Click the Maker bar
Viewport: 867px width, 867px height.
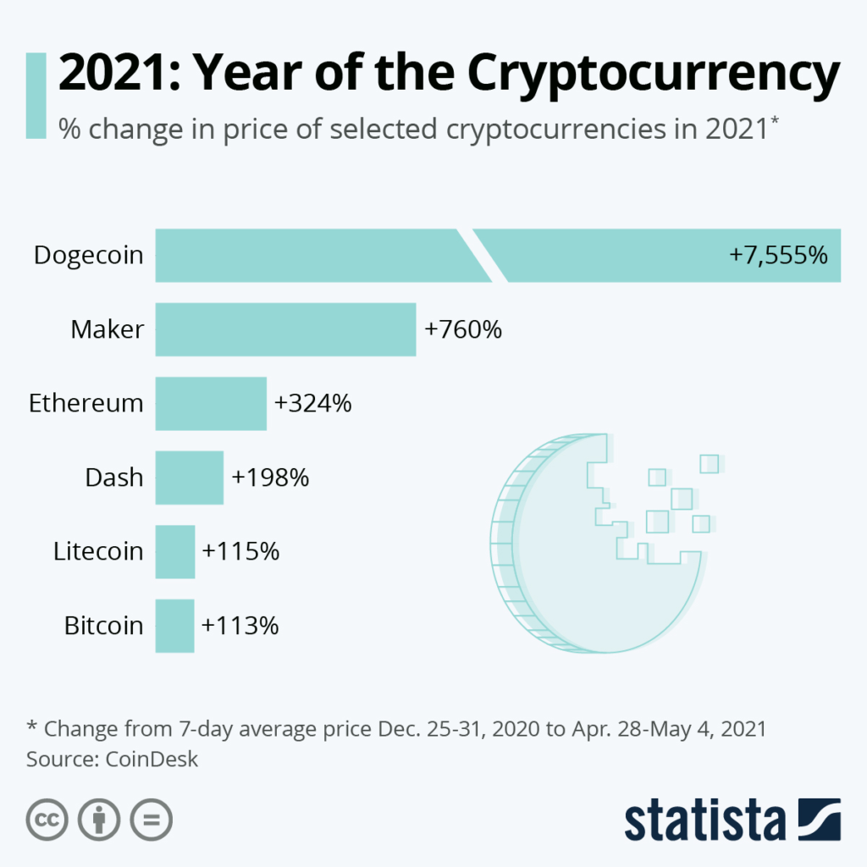[x=285, y=329]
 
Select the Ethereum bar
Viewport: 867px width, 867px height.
[x=211, y=403]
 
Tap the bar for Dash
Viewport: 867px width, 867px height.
[x=190, y=478]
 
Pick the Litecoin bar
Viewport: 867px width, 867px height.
[x=175, y=551]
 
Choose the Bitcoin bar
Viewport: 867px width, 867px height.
[x=174, y=626]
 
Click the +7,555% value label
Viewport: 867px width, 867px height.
[x=778, y=255]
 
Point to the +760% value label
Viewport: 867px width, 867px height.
[x=463, y=329]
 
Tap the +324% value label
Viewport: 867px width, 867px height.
[x=312, y=403]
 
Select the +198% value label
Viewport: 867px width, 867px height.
[x=270, y=478]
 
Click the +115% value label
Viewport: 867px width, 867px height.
[x=240, y=551]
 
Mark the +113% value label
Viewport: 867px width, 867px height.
[x=240, y=626]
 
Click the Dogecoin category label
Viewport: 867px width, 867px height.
[x=89, y=255]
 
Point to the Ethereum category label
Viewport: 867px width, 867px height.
[x=86, y=403]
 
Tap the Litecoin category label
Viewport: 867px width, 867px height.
[x=98, y=551]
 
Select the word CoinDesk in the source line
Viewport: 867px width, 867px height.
[x=152, y=759]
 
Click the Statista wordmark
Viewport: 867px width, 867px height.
[x=705, y=820]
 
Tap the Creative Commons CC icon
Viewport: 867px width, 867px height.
[x=47, y=820]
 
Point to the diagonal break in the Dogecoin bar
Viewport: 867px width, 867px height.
[x=482, y=255]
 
